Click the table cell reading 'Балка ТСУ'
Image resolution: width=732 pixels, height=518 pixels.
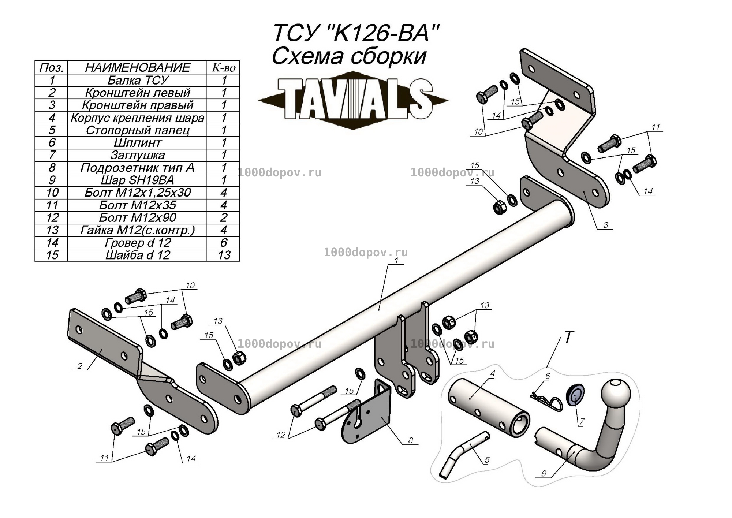(137, 80)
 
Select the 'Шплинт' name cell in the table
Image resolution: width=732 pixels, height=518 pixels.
(137, 143)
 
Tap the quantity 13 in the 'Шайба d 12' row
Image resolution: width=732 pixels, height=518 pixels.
(223, 255)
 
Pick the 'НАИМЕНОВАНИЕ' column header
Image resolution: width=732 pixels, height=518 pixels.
(137, 67)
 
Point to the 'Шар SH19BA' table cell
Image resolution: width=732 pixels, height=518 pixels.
(137, 180)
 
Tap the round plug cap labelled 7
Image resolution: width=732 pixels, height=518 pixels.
(575, 395)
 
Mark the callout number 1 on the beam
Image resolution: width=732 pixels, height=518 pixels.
(396, 260)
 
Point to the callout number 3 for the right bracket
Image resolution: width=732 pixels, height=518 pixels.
(606, 225)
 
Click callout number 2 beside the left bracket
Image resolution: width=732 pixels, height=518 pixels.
(80, 365)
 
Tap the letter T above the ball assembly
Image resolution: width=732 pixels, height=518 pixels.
(568, 337)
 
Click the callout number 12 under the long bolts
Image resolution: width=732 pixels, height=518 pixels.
(281, 435)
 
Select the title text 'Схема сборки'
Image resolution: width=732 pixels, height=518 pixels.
(349, 56)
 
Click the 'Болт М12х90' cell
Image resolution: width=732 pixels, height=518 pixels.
(137, 217)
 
